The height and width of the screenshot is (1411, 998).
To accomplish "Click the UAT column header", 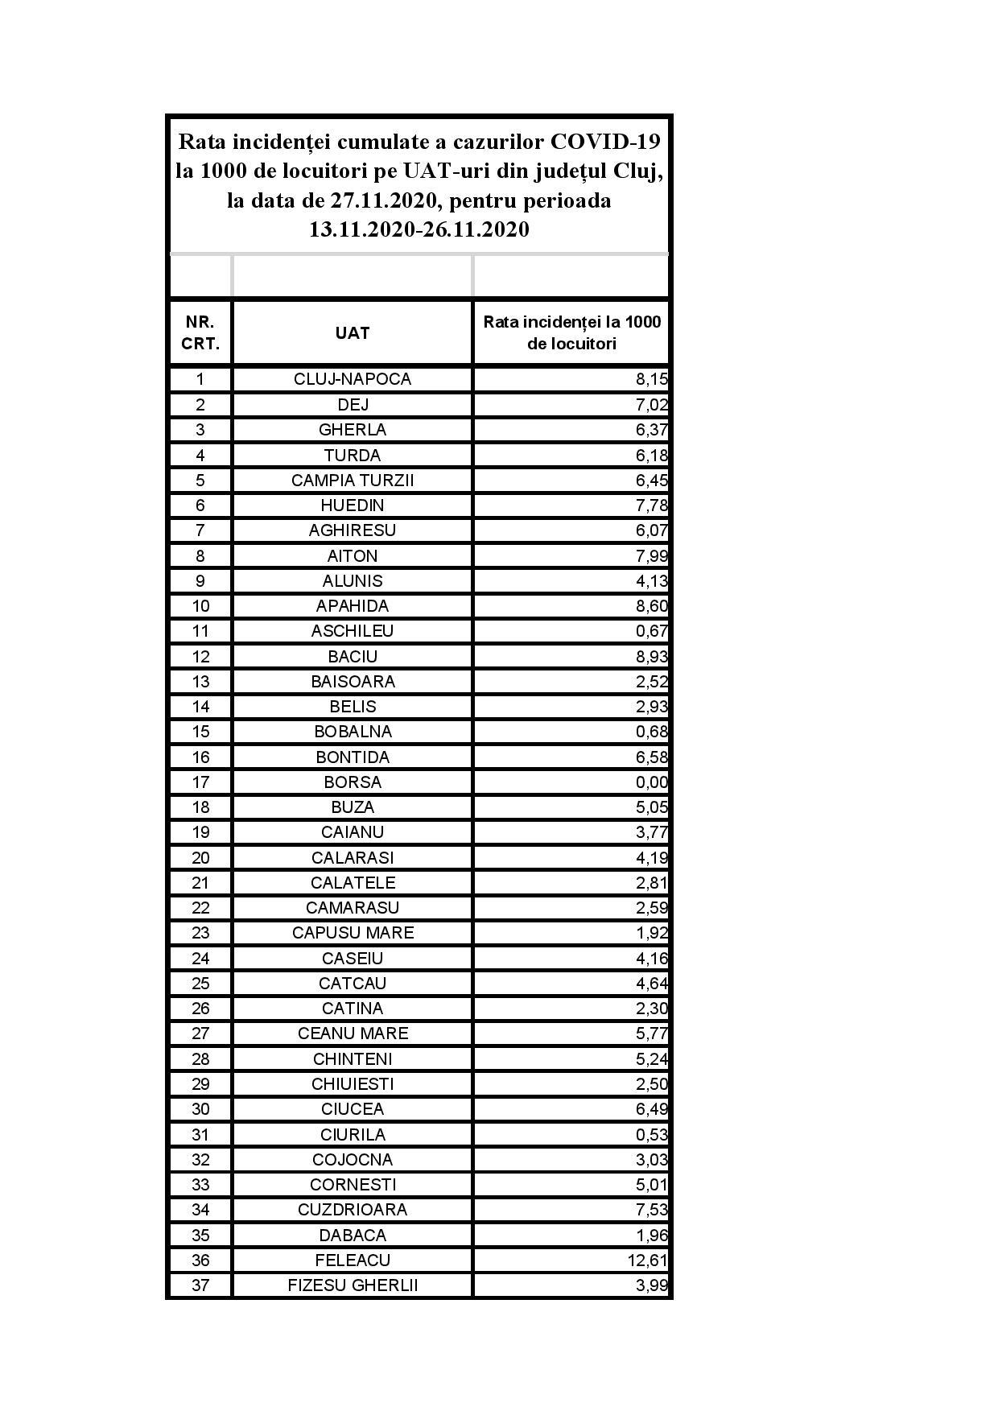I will [353, 333].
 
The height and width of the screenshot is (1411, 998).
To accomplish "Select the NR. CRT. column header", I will [200, 333].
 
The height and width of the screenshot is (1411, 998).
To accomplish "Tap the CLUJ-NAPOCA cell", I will [353, 379].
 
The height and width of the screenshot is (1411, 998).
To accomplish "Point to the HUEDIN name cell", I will [353, 505].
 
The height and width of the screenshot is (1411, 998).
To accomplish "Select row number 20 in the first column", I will [200, 857].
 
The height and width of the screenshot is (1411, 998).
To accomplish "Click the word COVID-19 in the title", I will [605, 142].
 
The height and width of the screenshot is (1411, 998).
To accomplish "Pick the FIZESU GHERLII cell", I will [353, 1285].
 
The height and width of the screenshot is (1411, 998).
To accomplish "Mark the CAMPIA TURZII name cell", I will [353, 481].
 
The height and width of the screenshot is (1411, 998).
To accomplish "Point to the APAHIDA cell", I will [353, 606].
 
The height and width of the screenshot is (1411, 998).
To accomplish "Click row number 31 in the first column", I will [200, 1134].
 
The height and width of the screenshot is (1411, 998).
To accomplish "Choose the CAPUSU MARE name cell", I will [353, 933].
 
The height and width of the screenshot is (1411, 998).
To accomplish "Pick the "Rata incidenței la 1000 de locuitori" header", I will [571, 333].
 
